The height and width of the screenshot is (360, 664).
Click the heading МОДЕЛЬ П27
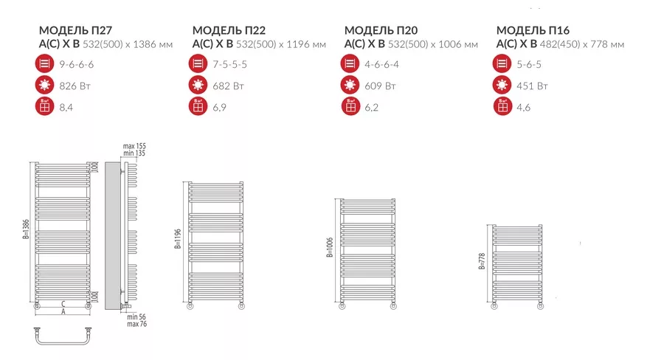(x=75, y=30)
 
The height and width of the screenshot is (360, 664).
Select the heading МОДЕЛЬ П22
(x=229, y=30)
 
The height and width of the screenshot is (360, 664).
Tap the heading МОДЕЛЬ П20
(x=381, y=30)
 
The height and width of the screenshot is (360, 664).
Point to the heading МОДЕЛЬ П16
(x=533, y=30)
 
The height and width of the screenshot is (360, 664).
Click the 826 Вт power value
(x=75, y=86)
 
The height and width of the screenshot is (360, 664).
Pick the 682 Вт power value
(x=228, y=86)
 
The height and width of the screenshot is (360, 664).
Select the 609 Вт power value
(x=380, y=86)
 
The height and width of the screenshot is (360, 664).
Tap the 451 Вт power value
(x=532, y=86)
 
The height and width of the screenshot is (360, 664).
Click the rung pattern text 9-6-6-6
(x=76, y=64)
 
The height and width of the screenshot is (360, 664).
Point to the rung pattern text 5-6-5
(x=529, y=64)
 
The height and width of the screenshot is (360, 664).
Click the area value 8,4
(x=66, y=108)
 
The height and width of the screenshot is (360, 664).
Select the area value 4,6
(x=523, y=108)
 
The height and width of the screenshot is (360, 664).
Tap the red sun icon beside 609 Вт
(x=350, y=85)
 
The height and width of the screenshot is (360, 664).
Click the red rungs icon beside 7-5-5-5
(x=198, y=63)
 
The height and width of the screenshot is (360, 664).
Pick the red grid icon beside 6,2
(x=350, y=106)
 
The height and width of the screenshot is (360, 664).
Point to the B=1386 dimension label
(x=27, y=229)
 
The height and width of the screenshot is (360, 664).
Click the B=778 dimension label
(x=482, y=261)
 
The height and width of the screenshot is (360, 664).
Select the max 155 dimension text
(x=134, y=146)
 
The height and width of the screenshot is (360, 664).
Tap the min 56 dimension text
(x=136, y=316)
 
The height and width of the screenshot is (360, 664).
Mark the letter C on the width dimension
(x=63, y=304)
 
